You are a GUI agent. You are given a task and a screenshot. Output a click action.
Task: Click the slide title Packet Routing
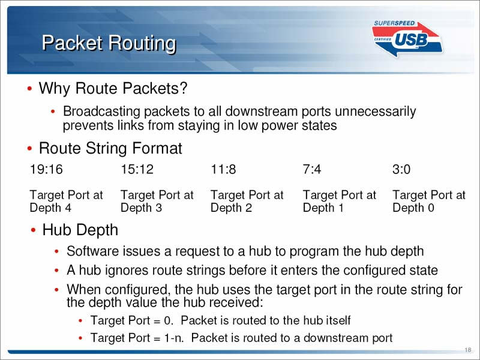109,43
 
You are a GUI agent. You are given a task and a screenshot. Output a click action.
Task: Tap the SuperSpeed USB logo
407,39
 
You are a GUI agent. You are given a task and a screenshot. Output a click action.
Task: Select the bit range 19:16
46,169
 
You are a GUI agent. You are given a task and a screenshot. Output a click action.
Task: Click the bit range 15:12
137,169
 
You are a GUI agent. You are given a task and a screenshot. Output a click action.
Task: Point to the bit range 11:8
223,169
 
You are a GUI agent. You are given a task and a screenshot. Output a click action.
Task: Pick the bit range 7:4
312,169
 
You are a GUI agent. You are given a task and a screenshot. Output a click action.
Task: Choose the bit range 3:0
401,169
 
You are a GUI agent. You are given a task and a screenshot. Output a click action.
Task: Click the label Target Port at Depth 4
66,201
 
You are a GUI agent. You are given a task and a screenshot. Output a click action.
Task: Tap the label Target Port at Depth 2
247,201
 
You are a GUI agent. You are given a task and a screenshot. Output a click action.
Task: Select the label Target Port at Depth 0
429,201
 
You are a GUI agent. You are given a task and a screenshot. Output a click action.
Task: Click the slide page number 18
468,350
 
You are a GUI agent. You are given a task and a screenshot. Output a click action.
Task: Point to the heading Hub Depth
80,230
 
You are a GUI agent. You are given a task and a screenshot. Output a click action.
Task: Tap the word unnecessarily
376,112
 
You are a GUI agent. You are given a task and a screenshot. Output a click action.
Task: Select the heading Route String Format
110,148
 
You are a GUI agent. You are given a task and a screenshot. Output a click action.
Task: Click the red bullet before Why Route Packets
29,89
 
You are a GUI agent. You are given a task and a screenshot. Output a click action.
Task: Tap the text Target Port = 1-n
137,338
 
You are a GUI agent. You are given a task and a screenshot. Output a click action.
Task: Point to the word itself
338,320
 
